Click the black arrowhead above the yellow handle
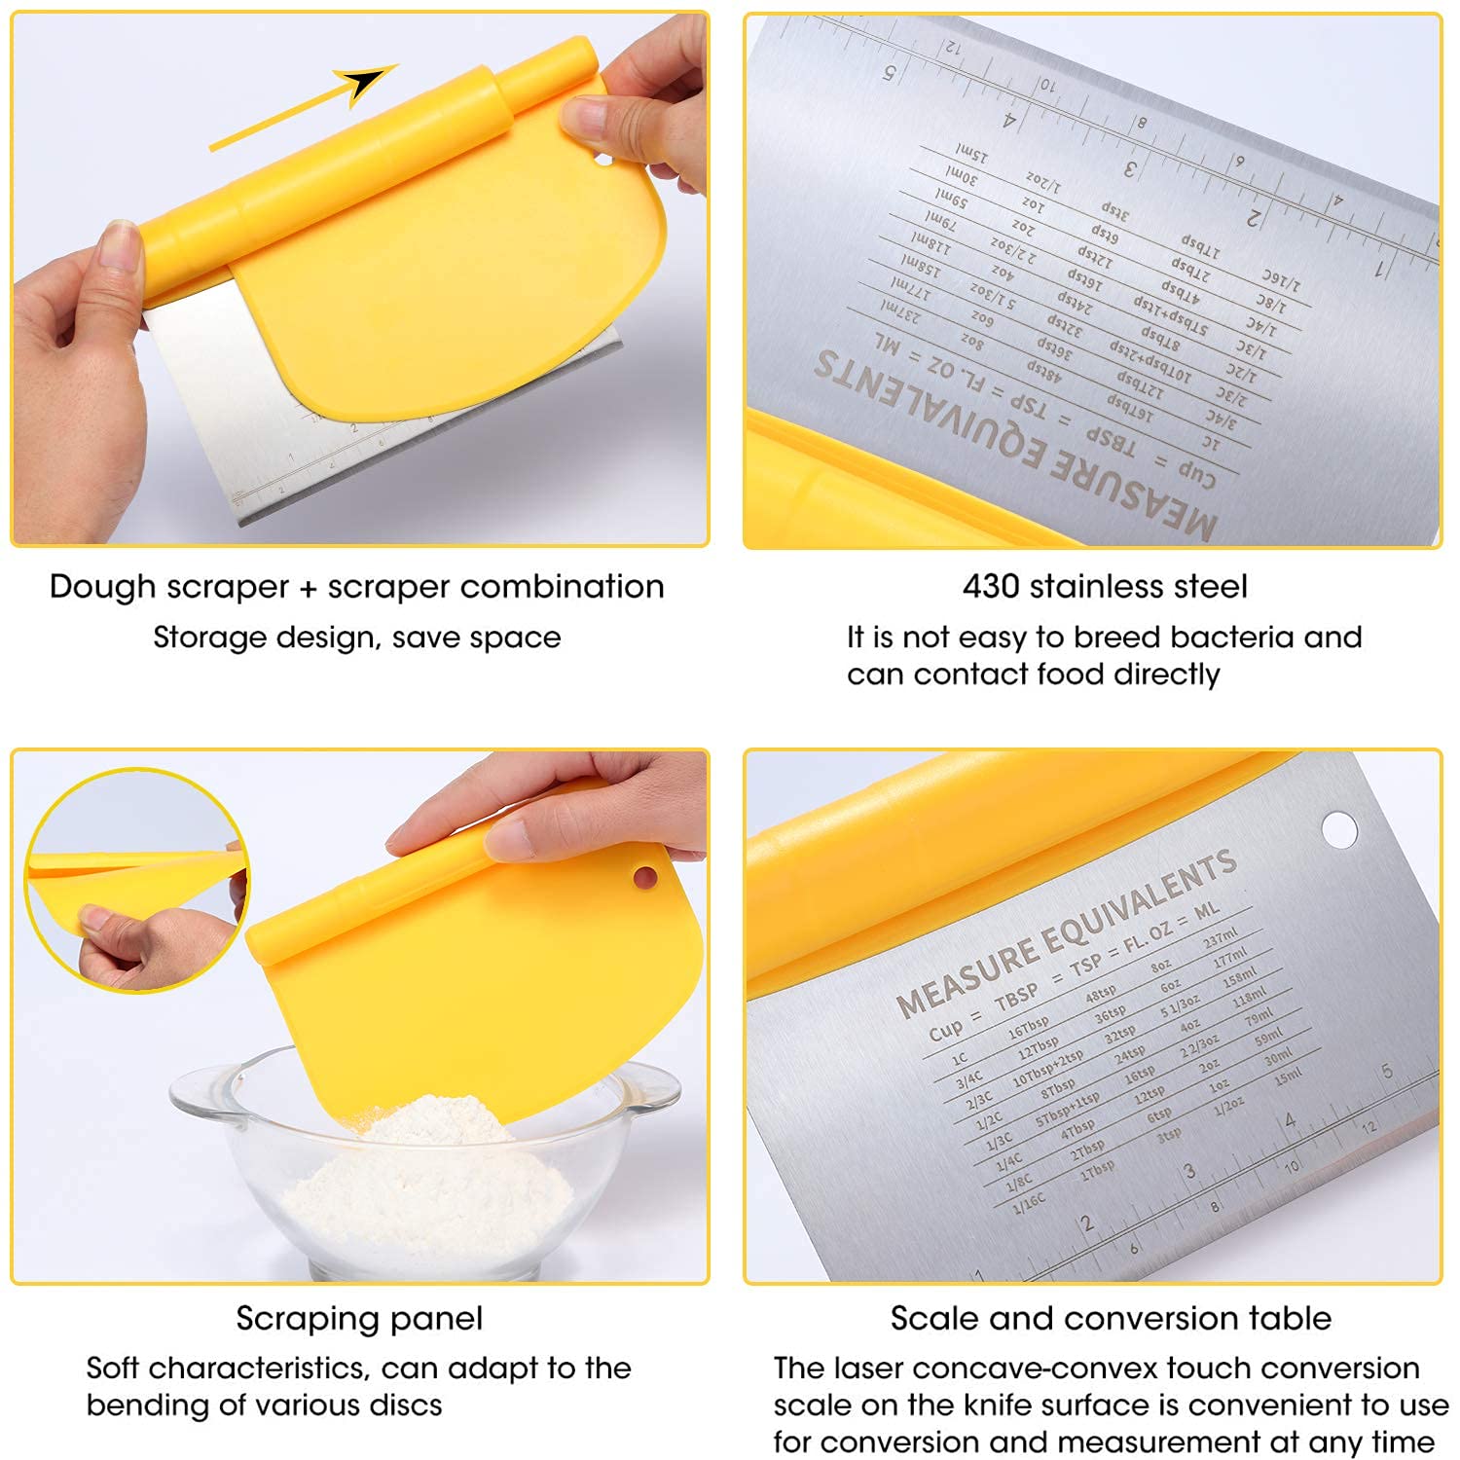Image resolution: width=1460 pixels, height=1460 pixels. tap(365, 82)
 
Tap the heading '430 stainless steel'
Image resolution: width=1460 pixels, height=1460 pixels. tap(1104, 586)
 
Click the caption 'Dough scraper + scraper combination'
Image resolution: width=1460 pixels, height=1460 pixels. tap(356, 586)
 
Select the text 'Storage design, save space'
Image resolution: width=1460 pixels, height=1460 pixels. tap(356, 638)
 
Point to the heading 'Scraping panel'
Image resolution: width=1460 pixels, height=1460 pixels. tap(359, 1318)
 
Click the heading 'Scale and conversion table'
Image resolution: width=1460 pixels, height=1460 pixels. tap(1111, 1318)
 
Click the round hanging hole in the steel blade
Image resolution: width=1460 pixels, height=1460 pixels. tap(1338, 829)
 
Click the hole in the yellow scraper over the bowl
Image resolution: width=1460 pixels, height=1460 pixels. tap(644, 878)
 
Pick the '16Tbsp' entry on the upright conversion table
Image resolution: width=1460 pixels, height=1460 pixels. tap(1028, 1027)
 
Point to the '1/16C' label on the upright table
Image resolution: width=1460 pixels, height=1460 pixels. tap(1030, 1204)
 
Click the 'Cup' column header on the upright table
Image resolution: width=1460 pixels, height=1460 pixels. tap(945, 1029)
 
